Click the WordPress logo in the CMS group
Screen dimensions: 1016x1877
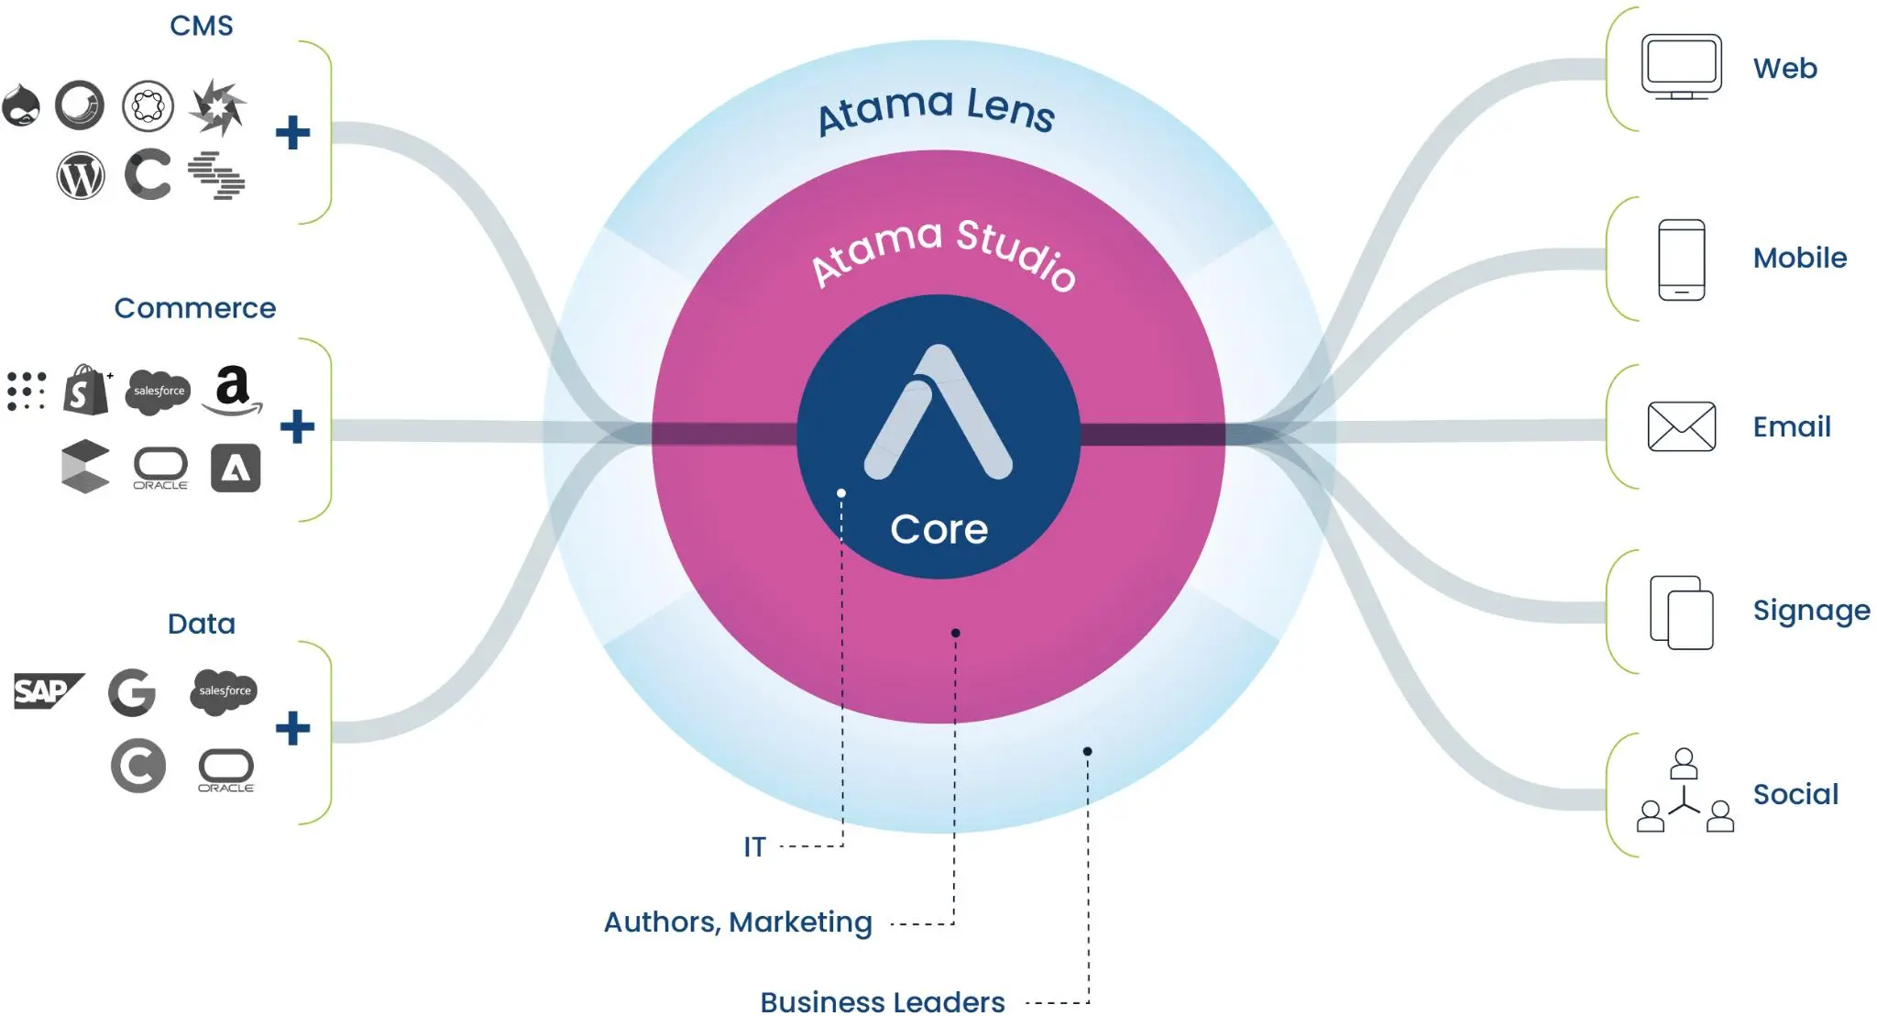tap(81, 176)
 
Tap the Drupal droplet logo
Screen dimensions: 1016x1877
tap(21, 105)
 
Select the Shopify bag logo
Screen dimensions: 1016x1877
tap(86, 390)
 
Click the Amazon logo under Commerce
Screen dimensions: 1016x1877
tap(233, 390)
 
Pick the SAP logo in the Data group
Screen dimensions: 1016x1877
tap(47, 690)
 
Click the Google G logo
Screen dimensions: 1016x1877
tap(132, 692)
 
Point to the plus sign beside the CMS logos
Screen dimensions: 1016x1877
tap(293, 133)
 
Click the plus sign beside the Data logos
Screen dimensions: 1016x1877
tap(293, 728)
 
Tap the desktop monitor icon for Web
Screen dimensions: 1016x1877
tap(1681, 67)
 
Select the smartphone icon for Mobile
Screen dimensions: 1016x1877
tap(1681, 260)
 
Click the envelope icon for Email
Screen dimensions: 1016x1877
tap(1681, 426)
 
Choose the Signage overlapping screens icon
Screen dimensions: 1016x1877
tap(1681, 612)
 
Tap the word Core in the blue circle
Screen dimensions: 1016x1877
tap(938, 529)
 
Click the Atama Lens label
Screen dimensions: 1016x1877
tap(936, 109)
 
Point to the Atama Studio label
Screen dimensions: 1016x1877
tap(943, 251)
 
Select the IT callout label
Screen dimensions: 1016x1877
tap(754, 846)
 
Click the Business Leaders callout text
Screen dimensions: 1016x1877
tap(882, 1001)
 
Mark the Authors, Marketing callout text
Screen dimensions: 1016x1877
tap(738, 922)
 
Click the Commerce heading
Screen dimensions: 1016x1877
tap(194, 308)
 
